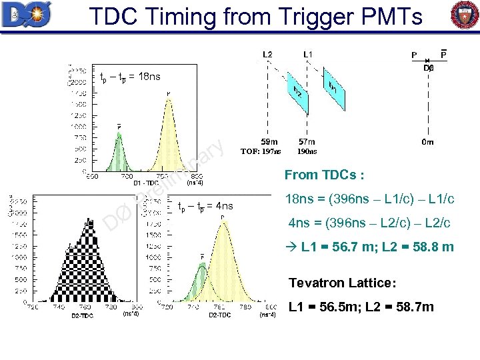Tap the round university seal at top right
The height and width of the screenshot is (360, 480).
tap(464, 15)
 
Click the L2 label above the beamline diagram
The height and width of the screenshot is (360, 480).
tap(267, 54)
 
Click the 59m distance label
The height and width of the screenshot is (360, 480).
tap(269, 142)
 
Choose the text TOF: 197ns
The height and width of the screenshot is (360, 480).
tap(261, 151)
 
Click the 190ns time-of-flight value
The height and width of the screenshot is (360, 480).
tap(307, 151)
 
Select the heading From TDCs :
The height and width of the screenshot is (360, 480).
tap(324, 175)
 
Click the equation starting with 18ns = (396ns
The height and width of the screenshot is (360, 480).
tap(369, 199)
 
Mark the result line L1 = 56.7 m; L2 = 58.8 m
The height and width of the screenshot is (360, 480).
tap(371, 247)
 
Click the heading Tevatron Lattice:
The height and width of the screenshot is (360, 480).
tap(342, 283)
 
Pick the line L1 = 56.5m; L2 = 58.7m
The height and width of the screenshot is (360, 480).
tap(360, 307)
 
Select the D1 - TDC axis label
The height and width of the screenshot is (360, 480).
tap(146, 182)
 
